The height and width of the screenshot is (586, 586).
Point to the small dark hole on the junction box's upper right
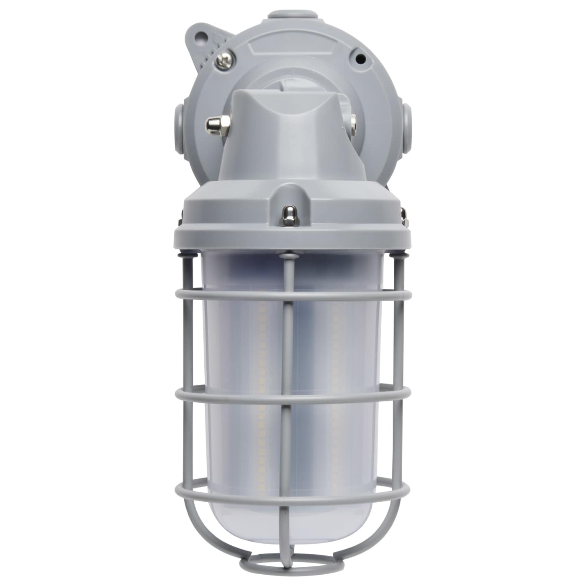pyautogui.click(x=358, y=58)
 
